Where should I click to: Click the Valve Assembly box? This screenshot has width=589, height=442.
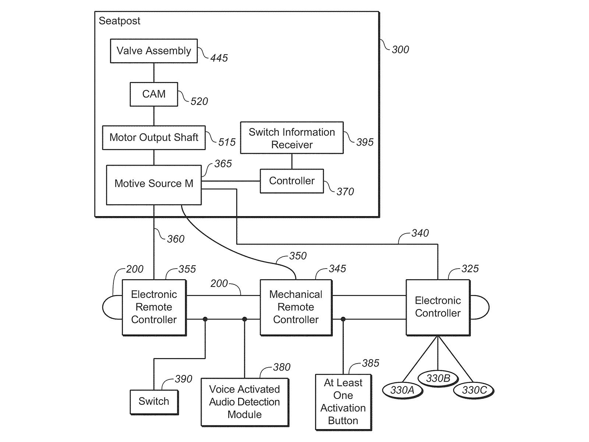click(x=154, y=51)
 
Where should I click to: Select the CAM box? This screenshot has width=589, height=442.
click(x=154, y=94)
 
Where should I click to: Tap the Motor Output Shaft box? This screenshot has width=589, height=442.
click(x=154, y=138)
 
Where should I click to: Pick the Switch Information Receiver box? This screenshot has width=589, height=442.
click(x=292, y=138)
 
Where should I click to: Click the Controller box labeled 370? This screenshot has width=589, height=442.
click(x=292, y=181)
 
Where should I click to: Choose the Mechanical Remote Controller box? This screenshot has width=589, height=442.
click(x=296, y=307)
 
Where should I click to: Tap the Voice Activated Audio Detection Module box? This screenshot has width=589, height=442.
click(x=245, y=402)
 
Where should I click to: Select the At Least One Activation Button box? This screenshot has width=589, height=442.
click(x=343, y=402)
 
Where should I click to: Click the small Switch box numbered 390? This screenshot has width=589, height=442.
click(x=154, y=401)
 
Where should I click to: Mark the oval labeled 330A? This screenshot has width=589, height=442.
click(x=402, y=390)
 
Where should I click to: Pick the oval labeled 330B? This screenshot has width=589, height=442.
click(x=438, y=379)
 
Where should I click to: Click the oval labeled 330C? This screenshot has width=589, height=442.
click(x=474, y=390)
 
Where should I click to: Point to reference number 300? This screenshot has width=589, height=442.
click(x=401, y=50)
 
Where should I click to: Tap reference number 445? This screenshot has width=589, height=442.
click(x=219, y=58)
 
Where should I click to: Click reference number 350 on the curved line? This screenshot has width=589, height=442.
click(x=298, y=256)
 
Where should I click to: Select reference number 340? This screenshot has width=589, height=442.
click(x=420, y=233)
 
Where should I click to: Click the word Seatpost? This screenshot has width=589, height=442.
click(x=120, y=21)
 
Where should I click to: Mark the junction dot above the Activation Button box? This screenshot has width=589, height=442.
click(x=343, y=319)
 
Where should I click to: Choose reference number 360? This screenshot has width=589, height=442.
click(x=176, y=239)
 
